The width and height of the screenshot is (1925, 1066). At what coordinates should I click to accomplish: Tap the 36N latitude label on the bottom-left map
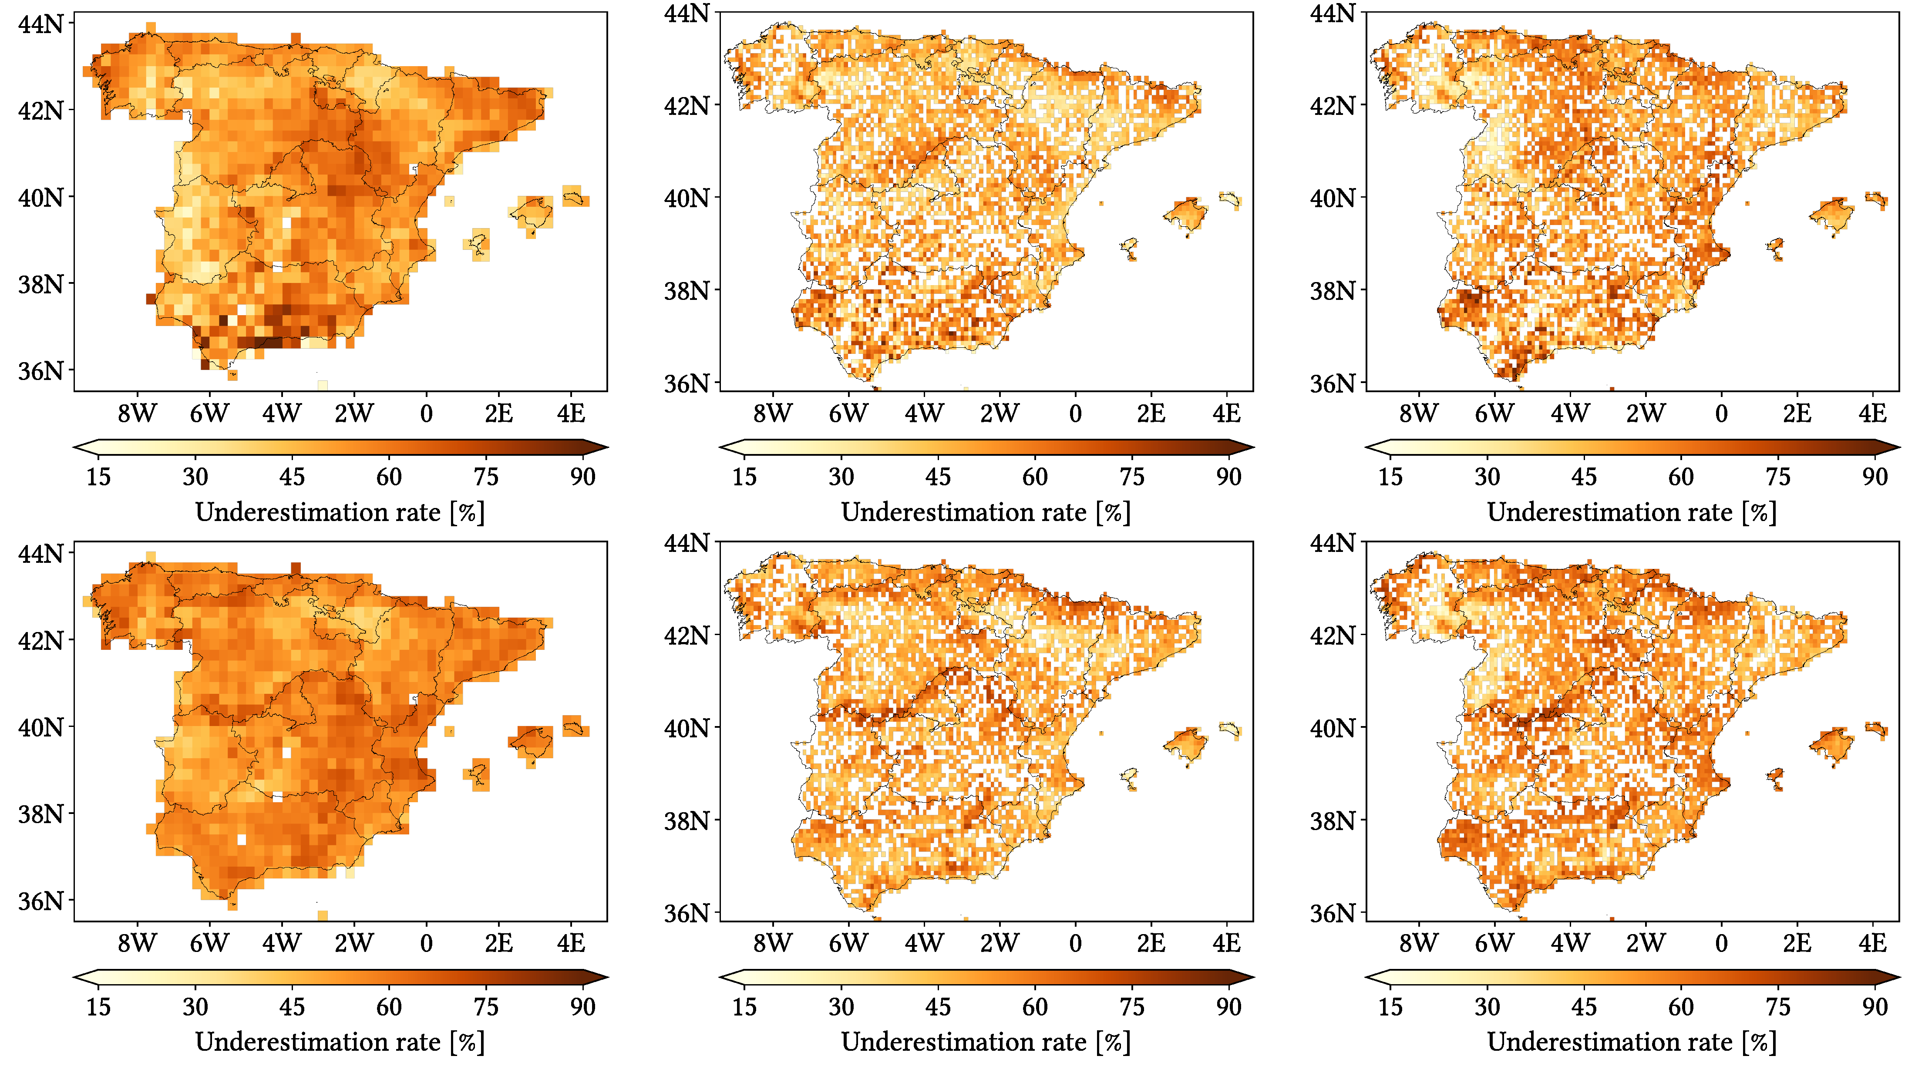coord(40,901)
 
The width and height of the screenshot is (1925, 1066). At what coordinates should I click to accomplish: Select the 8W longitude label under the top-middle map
coord(772,413)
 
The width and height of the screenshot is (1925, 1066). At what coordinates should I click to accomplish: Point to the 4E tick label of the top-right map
coord(1872,413)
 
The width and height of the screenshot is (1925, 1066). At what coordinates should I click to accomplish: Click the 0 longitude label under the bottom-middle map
coord(1074,943)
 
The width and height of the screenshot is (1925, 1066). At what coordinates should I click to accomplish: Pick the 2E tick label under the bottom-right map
coord(1797,943)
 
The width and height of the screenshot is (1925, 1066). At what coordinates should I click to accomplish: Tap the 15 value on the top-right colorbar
coord(1390,477)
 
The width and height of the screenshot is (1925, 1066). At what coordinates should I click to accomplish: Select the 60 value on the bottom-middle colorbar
coord(1034,1006)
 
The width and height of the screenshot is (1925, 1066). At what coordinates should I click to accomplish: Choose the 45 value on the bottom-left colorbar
coord(291,1006)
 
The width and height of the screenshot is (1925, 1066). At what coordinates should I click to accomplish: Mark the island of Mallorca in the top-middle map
coord(1186,215)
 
